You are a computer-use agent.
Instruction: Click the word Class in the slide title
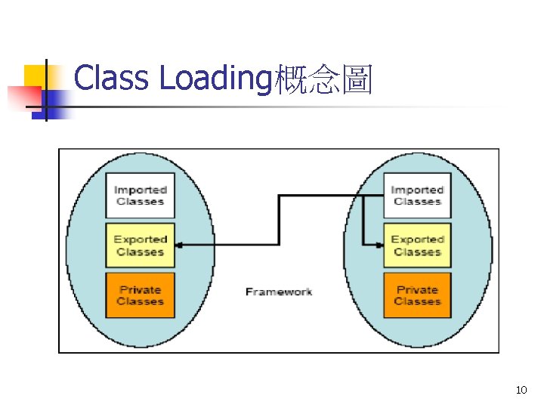(111, 79)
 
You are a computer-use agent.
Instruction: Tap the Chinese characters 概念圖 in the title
(323, 79)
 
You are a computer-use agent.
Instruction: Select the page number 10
(521, 390)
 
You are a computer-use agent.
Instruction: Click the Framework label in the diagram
(278, 292)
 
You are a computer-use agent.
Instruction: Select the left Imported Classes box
(140, 196)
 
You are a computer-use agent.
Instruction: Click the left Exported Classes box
(140, 245)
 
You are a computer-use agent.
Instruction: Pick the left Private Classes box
(140, 295)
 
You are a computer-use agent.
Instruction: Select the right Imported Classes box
(416, 196)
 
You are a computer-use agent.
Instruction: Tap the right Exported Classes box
(416, 245)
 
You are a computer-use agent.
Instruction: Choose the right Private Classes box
(416, 295)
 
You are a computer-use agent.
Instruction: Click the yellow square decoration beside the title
(38, 78)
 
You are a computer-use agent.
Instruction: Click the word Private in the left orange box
(140, 289)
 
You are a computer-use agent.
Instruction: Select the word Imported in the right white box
(416, 190)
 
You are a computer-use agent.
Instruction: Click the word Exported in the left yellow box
(140, 240)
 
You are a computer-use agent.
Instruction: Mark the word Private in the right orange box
(416, 289)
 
